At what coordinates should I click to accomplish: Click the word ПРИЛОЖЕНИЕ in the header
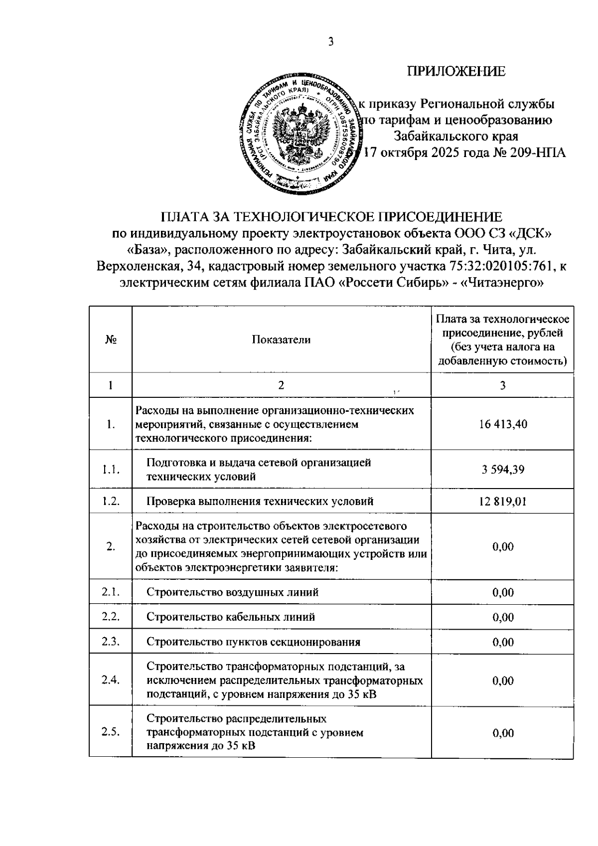pyautogui.click(x=456, y=71)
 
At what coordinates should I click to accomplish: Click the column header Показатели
pyautogui.click(x=281, y=339)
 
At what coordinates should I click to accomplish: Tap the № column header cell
pyautogui.click(x=111, y=339)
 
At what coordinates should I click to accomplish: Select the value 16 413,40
pyautogui.click(x=502, y=424)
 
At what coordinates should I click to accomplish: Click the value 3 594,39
pyautogui.click(x=502, y=470)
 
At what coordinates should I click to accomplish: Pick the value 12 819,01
pyautogui.click(x=502, y=501)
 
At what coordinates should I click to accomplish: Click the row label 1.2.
pyautogui.click(x=111, y=501)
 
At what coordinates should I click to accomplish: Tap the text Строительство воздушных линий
pyautogui.click(x=232, y=592)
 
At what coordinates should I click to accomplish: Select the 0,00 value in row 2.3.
pyautogui.click(x=502, y=642)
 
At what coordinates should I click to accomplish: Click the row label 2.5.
pyautogui.click(x=111, y=732)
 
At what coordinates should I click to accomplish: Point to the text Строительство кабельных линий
pyautogui.click(x=230, y=617)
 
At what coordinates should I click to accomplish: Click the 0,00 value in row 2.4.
pyautogui.click(x=502, y=680)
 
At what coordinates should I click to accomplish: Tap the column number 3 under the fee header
pyautogui.click(x=502, y=385)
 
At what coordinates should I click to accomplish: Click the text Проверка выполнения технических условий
pyautogui.click(x=260, y=501)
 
